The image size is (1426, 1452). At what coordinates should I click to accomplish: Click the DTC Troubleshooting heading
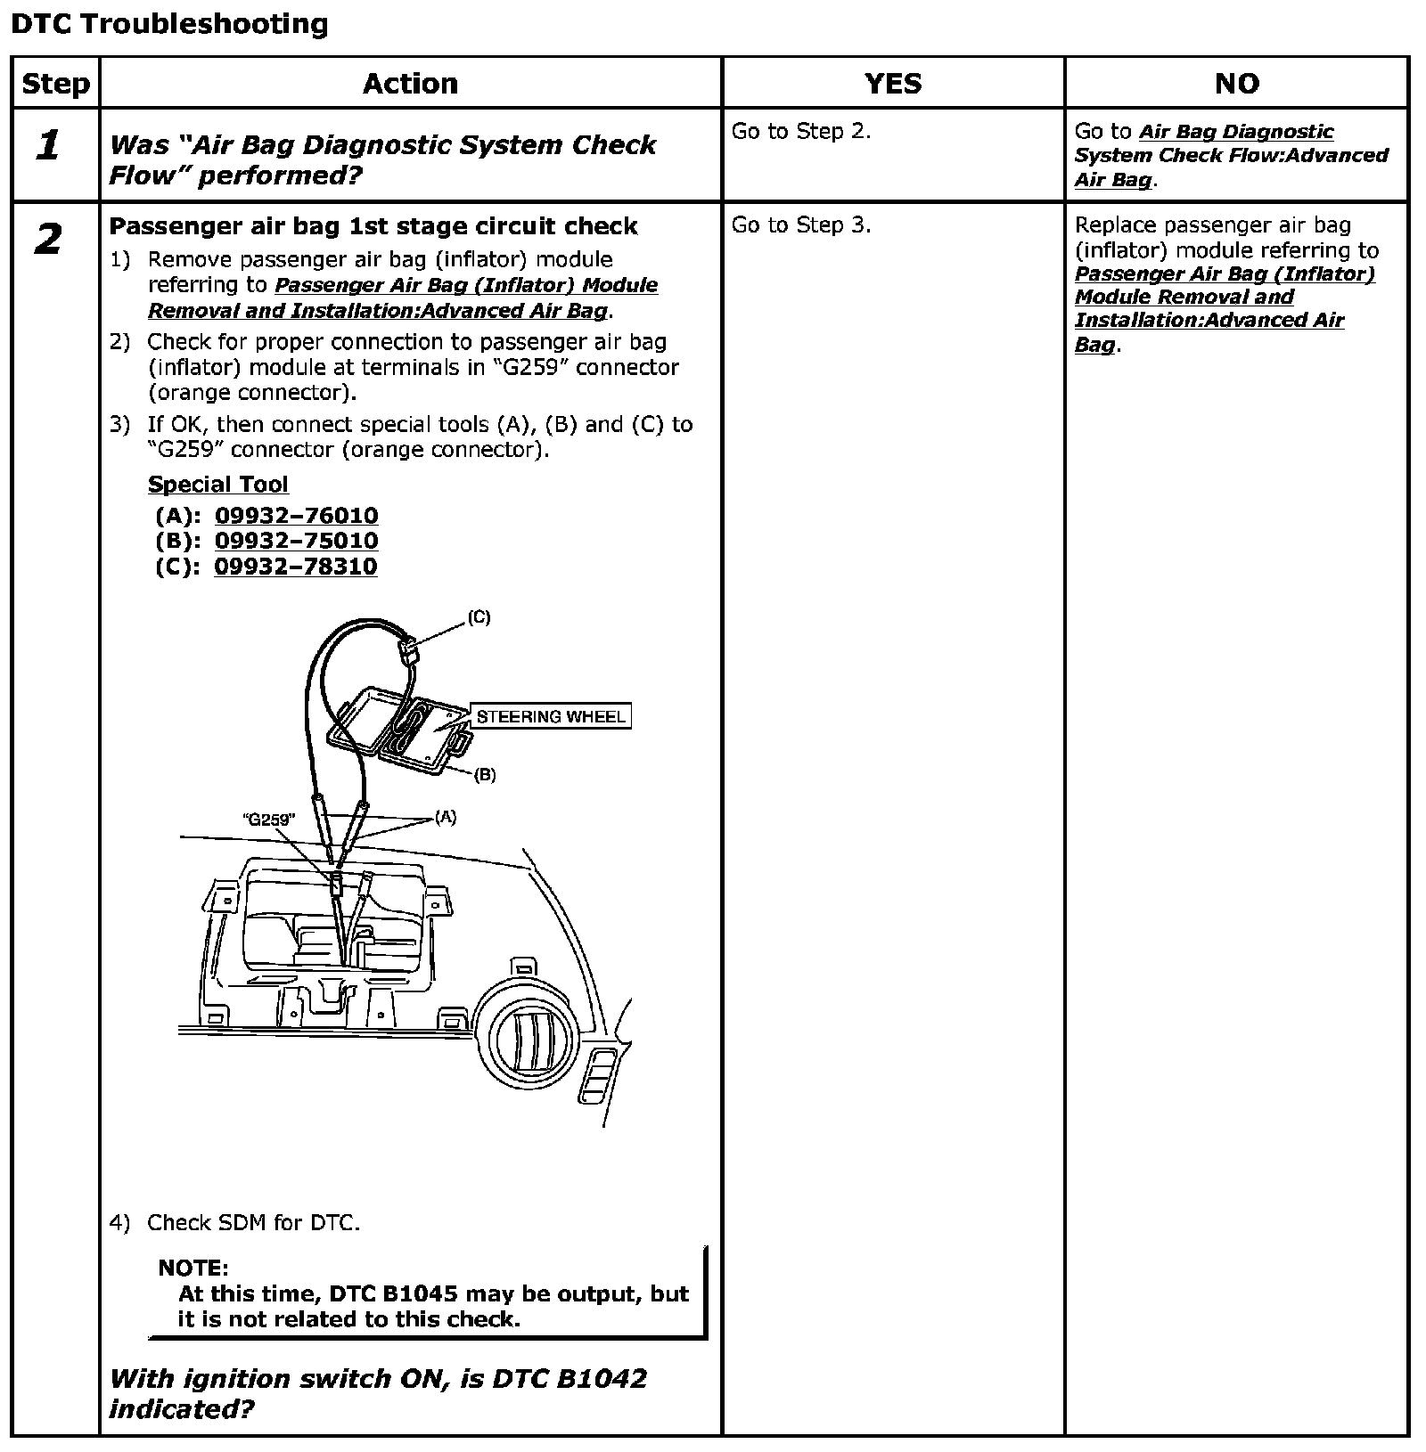pos(169,24)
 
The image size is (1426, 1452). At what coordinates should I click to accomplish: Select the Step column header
pos(55,84)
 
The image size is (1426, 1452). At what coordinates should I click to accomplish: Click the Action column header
pos(410,84)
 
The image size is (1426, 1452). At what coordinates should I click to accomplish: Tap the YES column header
pos(893,84)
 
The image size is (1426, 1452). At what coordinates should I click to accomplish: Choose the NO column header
pos(1236,84)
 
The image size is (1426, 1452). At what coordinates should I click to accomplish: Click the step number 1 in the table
pos(49,145)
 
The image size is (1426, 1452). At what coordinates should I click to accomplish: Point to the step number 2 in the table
pos(49,239)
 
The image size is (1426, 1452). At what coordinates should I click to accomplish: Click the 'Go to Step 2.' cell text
pos(800,132)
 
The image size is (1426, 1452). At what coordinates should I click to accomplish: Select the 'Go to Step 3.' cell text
pos(800,225)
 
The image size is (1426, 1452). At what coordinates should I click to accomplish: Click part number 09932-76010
pos(296,516)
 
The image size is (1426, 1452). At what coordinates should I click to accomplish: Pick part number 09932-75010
pos(296,541)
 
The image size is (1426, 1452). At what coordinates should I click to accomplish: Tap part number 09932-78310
pos(296,567)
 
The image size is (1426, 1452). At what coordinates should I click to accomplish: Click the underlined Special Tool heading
pos(218,485)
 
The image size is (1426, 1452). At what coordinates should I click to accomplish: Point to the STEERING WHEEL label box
pos(551,716)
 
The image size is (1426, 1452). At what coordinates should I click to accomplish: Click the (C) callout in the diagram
pos(479,617)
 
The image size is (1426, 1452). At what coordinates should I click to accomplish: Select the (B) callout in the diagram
pos(484,775)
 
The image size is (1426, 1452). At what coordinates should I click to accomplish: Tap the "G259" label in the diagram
pos(269,820)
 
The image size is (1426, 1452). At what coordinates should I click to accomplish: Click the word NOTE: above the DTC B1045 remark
pos(193,1268)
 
